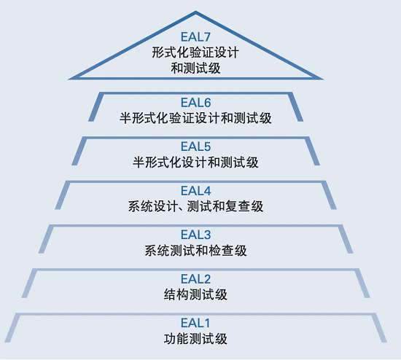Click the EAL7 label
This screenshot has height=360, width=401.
pyautogui.click(x=195, y=36)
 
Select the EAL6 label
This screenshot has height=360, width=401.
pyautogui.click(x=195, y=103)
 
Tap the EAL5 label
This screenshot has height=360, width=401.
pyautogui.click(x=195, y=147)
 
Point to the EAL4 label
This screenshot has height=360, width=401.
pyautogui.click(x=195, y=192)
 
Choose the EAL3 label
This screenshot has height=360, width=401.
pyautogui.click(x=195, y=235)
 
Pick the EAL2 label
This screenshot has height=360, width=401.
pyautogui.click(x=195, y=279)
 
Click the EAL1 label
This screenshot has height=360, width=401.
pyautogui.click(x=195, y=323)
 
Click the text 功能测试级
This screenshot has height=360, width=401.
pyautogui.click(x=195, y=339)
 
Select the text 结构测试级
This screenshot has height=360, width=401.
pyautogui.click(x=195, y=295)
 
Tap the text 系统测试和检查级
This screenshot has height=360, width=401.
pyautogui.click(x=195, y=251)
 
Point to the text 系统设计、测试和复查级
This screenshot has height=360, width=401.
pyautogui.click(x=195, y=207)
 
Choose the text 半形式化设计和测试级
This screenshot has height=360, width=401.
pyautogui.click(x=195, y=163)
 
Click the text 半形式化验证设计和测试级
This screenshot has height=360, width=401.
pyautogui.click(x=195, y=118)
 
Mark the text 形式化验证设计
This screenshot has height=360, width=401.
pyautogui.click(x=195, y=52)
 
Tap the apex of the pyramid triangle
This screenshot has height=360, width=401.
pyautogui.click(x=195, y=13)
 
